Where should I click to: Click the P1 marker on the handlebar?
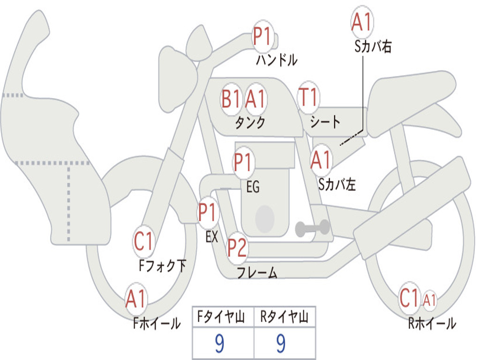(262, 37)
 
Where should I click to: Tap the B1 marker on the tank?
(231, 99)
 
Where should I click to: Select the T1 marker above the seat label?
(308, 97)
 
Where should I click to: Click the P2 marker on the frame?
(237, 247)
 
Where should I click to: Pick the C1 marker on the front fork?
(143, 241)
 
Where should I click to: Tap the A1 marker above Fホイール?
(135, 299)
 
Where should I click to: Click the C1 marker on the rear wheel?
(409, 298)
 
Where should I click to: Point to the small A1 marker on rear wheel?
(429, 300)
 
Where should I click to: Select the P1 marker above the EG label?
(243, 162)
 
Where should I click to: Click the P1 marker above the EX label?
(208, 212)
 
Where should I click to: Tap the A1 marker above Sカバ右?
(362, 22)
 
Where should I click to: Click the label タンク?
(250, 122)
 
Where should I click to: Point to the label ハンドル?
(277, 60)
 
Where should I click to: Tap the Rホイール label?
(432, 323)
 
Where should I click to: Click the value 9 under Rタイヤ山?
(281, 343)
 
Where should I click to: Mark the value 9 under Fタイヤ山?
(219, 343)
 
